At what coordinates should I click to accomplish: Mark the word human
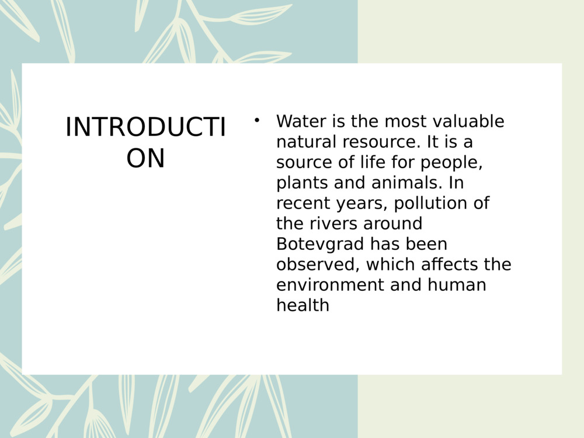457,285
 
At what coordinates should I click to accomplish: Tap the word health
303,305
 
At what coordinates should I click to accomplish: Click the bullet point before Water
256,121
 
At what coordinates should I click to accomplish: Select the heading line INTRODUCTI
145,128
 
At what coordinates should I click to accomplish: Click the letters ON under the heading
145,158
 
